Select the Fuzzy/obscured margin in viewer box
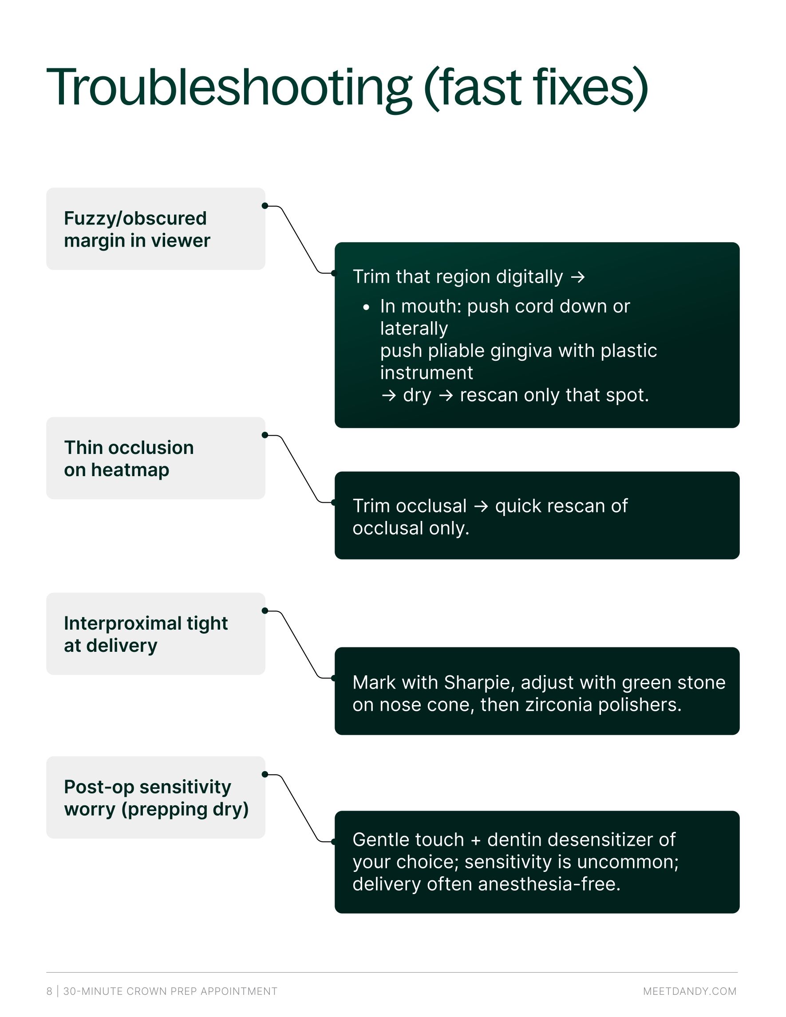tap(155, 229)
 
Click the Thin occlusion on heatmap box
tap(155, 458)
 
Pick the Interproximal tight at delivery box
tap(155, 634)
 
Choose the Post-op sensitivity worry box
tap(155, 798)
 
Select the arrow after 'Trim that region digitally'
tap(578, 277)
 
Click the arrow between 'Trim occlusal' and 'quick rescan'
tap(481, 507)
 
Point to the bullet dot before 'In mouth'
tap(367, 307)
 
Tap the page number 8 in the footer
tap(49, 991)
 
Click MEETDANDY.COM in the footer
tap(690, 991)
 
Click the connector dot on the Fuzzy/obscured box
tap(265, 206)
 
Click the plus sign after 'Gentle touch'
tap(475, 840)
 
